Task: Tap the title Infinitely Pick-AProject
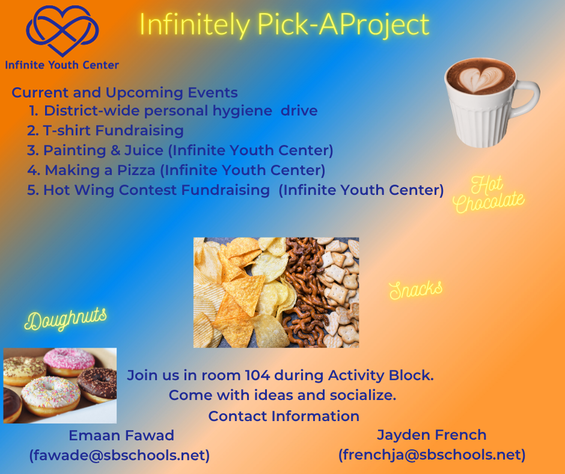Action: coord(284,25)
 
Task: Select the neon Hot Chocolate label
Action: coord(488,194)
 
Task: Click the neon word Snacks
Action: coord(416,290)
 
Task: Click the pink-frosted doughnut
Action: coord(69,362)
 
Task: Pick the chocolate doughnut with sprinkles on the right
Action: coord(97,384)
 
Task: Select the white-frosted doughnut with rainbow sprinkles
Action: coord(50,396)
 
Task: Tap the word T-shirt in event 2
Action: coord(67,130)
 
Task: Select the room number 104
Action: coord(257,375)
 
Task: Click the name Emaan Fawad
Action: coord(121,436)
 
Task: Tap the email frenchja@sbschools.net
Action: coord(432,455)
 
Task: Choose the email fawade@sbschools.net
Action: coord(120,455)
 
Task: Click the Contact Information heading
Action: coord(284,416)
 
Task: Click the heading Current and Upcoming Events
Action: coord(124,93)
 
